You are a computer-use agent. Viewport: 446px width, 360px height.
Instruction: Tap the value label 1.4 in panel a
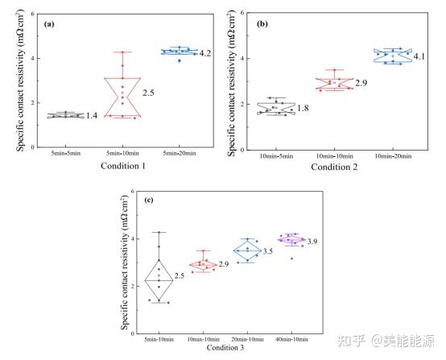92,117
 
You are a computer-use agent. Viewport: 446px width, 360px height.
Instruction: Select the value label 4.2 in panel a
205,54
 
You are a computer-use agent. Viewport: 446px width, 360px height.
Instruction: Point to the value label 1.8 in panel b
303,108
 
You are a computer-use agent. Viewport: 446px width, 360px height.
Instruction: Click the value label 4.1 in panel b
420,56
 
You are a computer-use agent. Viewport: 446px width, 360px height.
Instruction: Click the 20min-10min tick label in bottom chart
246,335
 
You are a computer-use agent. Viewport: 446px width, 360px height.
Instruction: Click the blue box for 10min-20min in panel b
392,55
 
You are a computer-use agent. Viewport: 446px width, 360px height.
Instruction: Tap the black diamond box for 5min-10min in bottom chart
159,279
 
